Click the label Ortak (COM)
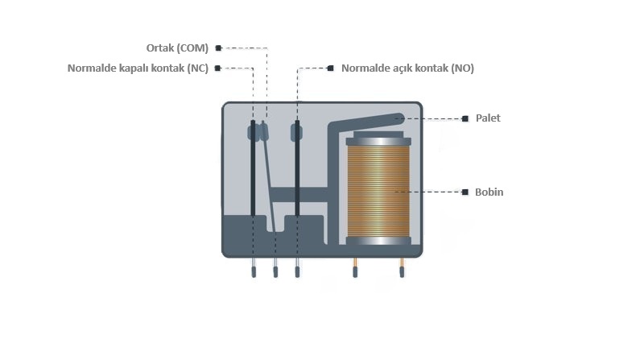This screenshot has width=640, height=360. coord(174,48)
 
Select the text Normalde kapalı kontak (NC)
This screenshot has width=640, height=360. coord(138,68)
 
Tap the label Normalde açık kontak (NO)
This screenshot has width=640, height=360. coord(407,68)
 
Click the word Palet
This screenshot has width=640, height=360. coord(488,118)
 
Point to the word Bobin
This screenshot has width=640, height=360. coord(489,192)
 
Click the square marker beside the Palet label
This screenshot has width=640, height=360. coord(465,118)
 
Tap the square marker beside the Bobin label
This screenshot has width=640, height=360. coord(465,192)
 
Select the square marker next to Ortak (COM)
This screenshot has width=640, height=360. coord(218,48)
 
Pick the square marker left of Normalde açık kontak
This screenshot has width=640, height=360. coord(331,68)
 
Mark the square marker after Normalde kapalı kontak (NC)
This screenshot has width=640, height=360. coord(218,68)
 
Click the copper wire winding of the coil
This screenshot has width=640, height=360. coord(378,192)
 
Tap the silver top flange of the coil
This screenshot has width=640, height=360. coord(378,142)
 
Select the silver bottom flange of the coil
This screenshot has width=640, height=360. coord(378,241)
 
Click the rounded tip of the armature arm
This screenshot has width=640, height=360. coord(398,119)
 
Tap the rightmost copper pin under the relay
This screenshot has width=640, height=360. coord(401,269)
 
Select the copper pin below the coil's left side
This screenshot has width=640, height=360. coord(355,269)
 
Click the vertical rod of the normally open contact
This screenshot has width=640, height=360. coord(297,173)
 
